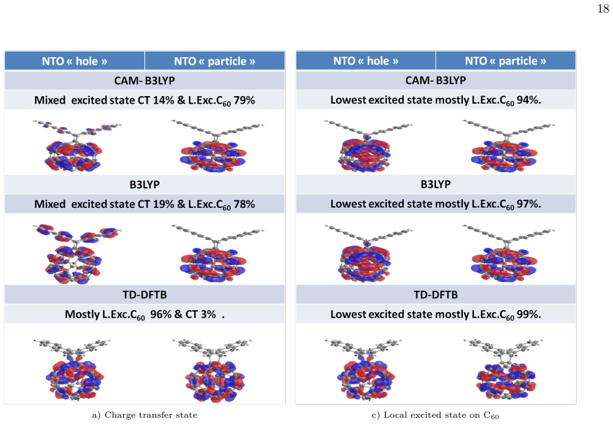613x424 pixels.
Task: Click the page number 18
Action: point(603,9)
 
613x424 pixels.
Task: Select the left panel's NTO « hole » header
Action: point(75,61)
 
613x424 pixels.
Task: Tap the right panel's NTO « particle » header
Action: point(506,61)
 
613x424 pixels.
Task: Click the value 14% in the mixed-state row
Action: point(163,100)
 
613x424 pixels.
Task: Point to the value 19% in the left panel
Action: point(163,204)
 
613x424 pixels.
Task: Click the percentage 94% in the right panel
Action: point(528,100)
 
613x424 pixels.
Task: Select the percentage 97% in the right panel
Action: point(528,204)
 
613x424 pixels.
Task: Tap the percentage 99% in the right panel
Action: point(528,314)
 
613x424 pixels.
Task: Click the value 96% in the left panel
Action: point(161,314)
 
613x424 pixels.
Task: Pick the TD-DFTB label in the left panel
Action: point(144,295)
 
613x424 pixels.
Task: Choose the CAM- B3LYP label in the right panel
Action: point(435,80)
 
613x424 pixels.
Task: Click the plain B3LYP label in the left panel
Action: point(144,184)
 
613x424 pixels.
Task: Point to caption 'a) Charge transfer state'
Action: point(144,415)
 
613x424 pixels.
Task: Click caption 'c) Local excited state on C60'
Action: point(435,415)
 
